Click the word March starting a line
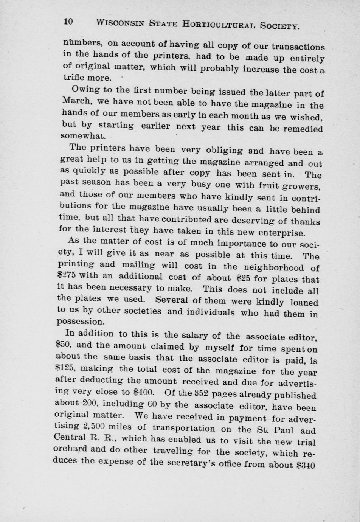click(x=75, y=101)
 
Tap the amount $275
click(x=68, y=275)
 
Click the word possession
click(x=80, y=322)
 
